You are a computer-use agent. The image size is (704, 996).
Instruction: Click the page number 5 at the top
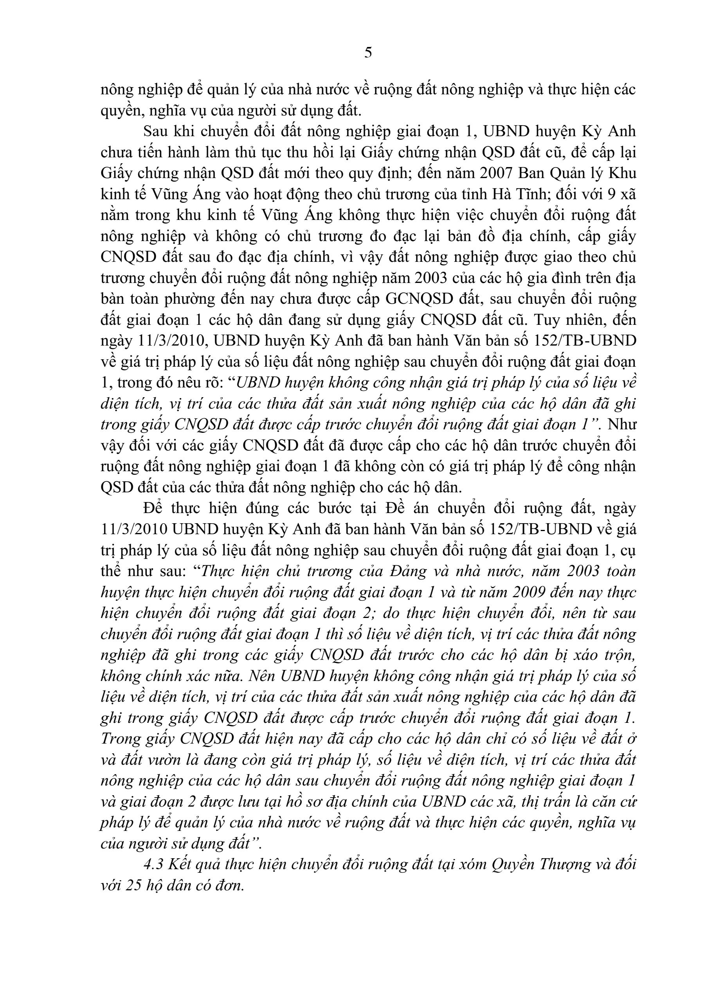click(368, 53)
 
